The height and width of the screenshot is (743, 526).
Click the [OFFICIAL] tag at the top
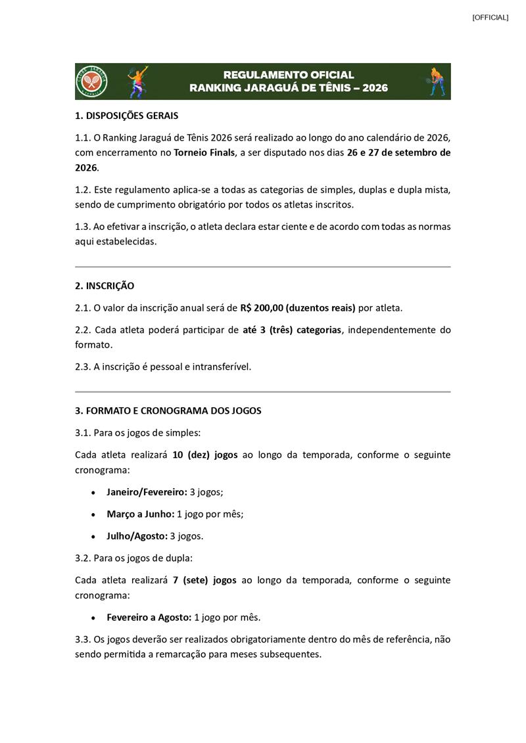490,18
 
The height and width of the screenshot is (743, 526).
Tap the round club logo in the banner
92,81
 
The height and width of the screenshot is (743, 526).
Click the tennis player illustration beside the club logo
137,81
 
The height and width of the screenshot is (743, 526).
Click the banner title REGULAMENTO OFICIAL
289,75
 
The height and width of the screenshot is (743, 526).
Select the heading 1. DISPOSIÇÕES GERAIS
127,116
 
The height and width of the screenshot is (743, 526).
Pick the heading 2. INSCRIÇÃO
105,286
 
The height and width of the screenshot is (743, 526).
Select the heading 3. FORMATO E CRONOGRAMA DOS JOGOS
168,411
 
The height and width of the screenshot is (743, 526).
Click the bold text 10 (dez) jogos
204,455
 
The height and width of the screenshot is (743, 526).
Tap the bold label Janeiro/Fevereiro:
147,491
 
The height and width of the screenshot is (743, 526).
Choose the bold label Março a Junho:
140,514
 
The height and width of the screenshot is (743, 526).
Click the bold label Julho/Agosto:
137,536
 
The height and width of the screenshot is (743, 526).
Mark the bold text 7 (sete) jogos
204,580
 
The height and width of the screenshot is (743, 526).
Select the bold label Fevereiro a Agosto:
149,617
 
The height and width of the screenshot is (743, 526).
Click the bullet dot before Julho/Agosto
93,537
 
